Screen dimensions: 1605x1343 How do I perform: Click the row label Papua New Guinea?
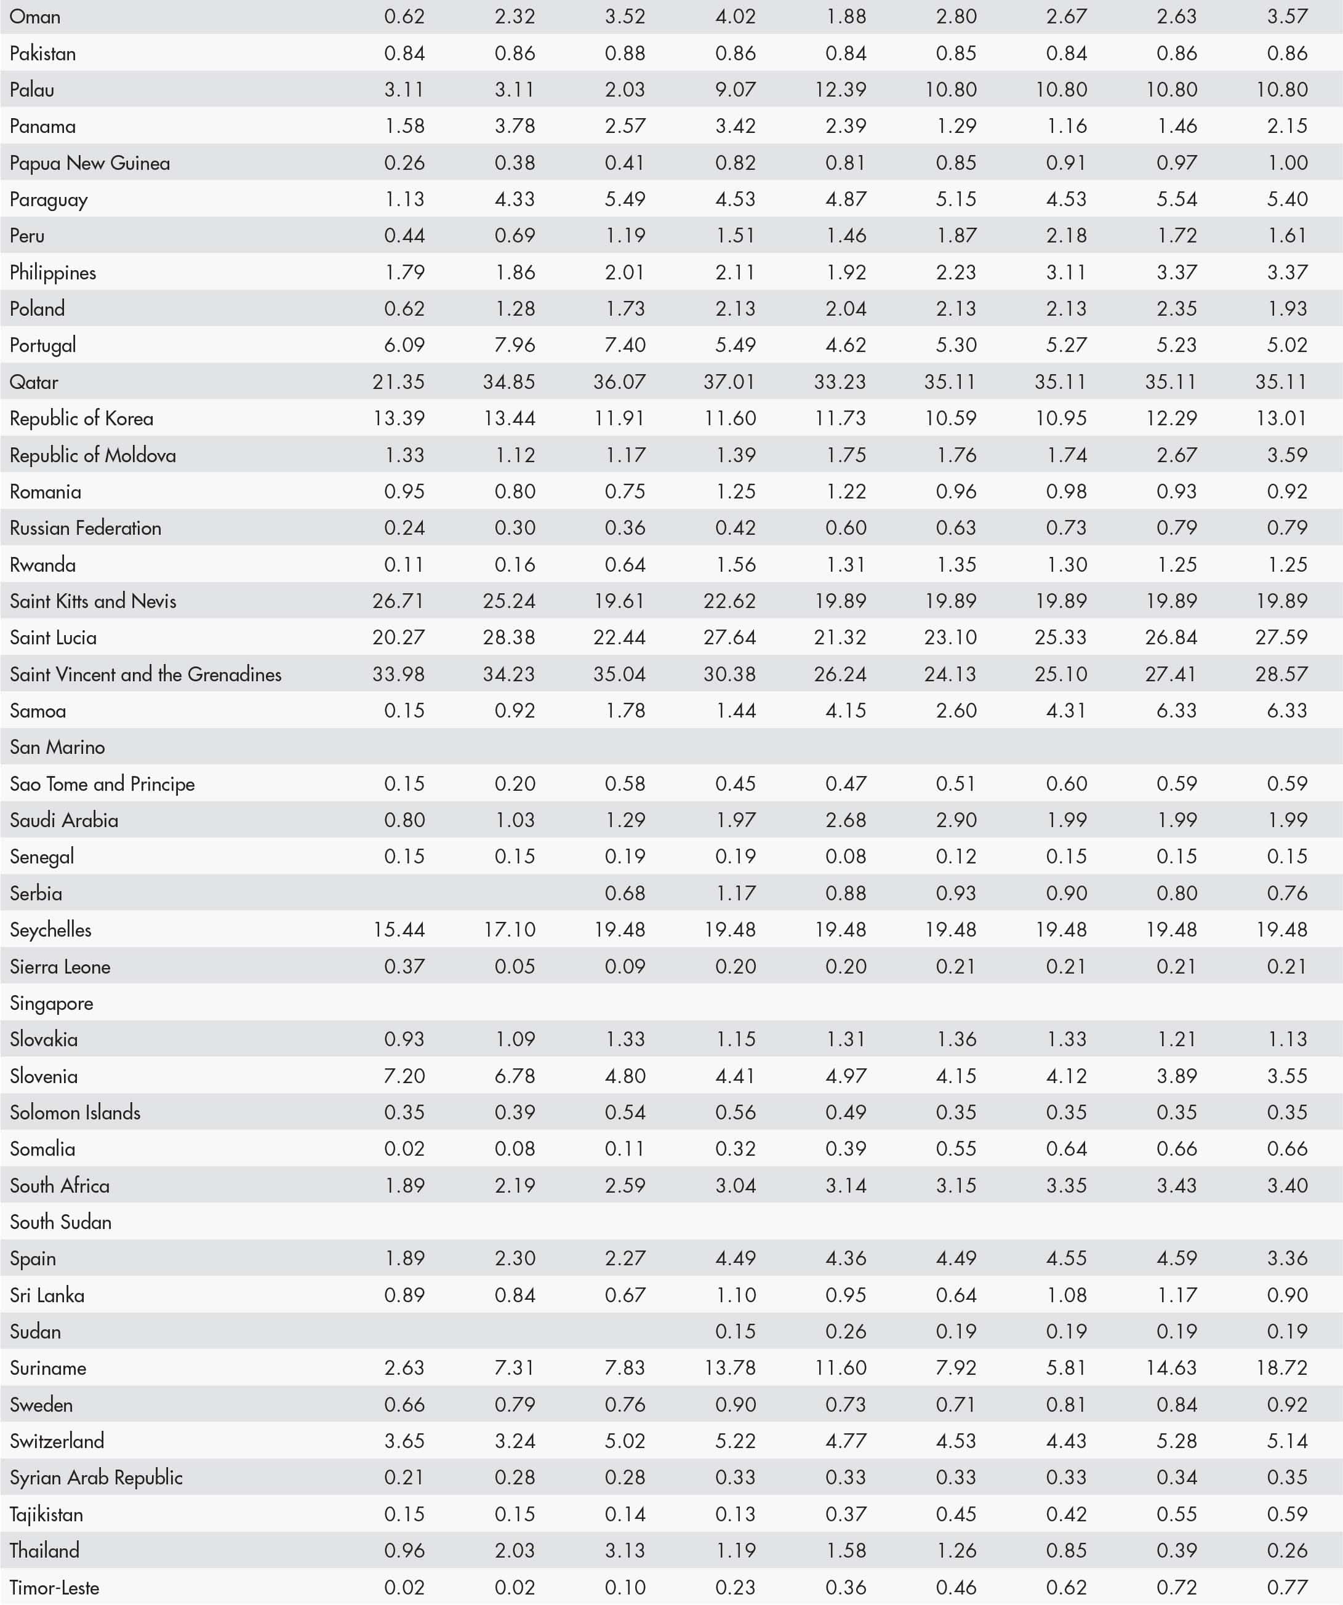pyautogui.click(x=89, y=163)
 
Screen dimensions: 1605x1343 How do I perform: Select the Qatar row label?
pyautogui.click(x=34, y=382)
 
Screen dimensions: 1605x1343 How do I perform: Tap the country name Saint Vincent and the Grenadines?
pyautogui.click(x=145, y=674)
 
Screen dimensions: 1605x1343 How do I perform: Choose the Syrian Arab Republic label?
pyautogui.click(x=96, y=1478)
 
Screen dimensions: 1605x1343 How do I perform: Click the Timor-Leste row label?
pyautogui.click(x=54, y=1587)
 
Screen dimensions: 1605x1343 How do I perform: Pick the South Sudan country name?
pyautogui.click(x=60, y=1222)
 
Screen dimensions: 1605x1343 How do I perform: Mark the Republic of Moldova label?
pyautogui.click(x=92, y=455)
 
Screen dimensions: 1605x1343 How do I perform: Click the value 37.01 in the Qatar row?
pyautogui.click(x=729, y=382)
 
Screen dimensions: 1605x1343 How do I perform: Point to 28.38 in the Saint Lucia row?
pyautogui.click(x=508, y=638)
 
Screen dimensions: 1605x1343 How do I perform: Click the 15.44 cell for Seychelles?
pyautogui.click(x=398, y=930)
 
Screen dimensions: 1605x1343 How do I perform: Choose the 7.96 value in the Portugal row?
pyautogui.click(x=515, y=345)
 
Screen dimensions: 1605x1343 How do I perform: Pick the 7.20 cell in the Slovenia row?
pyautogui.click(x=404, y=1076)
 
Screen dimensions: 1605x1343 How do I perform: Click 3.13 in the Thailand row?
pyautogui.click(x=625, y=1551)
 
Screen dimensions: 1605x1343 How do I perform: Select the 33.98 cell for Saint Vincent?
pyautogui.click(x=398, y=674)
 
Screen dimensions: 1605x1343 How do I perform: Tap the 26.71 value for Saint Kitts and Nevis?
pyautogui.click(x=398, y=601)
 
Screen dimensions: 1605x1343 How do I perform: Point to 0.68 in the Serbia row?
pyautogui.click(x=625, y=894)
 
